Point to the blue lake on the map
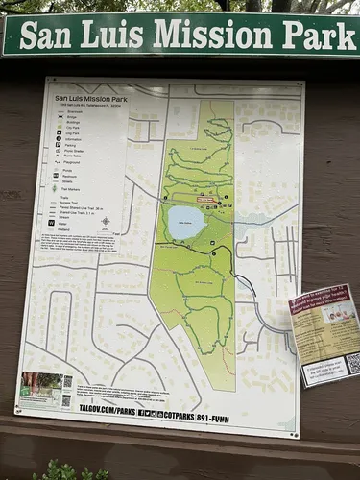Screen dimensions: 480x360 pyautogui.click(x=185, y=223)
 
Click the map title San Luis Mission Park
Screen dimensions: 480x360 pyautogui.click(x=91, y=97)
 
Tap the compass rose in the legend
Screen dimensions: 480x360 pyautogui.click(x=105, y=222)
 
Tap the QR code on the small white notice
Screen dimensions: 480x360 pyautogui.click(x=352, y=363)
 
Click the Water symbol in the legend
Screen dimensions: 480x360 pyautogui.click(x=52, y=222)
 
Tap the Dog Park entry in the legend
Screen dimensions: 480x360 pyautogui.click(x=67, y=132)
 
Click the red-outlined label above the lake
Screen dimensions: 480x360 pyautogui.click(x=205, y=200)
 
